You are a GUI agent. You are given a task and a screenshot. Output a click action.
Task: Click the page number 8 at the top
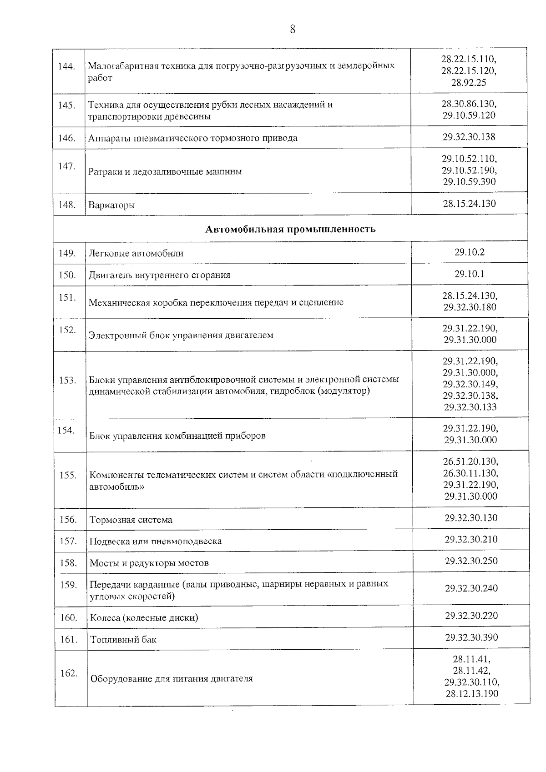(292, 30)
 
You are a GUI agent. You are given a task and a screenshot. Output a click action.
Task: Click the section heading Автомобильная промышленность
(290, 229)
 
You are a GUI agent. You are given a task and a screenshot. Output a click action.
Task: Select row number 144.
(67, 66)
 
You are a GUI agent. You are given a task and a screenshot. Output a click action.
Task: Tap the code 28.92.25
(469, 82)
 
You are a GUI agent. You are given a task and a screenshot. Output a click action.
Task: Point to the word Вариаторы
(111, 205)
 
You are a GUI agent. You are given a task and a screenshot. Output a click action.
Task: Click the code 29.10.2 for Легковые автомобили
(470, 252)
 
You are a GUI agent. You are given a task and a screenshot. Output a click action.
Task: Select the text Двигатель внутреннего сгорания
(159, 275)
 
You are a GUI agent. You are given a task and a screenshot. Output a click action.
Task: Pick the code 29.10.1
(470, 274)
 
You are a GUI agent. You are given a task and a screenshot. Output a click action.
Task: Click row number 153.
(68, 380)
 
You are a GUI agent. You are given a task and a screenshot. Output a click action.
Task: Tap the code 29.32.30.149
(470, 384)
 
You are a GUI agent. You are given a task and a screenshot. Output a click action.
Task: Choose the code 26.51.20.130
(470, 462)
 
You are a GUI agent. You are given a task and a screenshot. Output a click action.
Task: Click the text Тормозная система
(131, 520)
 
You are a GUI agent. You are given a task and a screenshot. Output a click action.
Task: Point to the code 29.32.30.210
(471, 539)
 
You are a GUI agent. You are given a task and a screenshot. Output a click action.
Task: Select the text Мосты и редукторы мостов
(149, 563)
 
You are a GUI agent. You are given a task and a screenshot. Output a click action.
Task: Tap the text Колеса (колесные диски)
(144, 618)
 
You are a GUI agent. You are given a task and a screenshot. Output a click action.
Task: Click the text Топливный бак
(123, 640)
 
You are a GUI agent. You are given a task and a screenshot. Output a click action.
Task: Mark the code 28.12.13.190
(472, 694)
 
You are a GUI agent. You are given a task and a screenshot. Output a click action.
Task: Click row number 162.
(69, 673)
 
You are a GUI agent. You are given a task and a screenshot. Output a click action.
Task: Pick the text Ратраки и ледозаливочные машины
(165, 172)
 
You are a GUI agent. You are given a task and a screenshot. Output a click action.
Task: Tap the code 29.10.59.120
(469, 115)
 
